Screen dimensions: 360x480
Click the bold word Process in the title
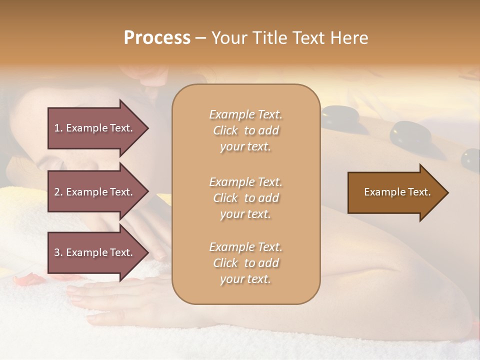click(157, 37)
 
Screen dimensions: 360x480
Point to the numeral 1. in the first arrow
click(58, 128)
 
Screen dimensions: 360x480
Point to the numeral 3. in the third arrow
click(58, 252)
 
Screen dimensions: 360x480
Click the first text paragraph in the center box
click(245, 130)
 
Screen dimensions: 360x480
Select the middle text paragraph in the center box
click(245, 198)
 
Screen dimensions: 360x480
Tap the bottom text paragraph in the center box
click(245, 263)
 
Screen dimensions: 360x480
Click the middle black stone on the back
click(410, 133)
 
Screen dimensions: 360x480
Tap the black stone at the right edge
click(470, 160)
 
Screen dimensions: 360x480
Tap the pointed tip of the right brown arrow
click(447, 192)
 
